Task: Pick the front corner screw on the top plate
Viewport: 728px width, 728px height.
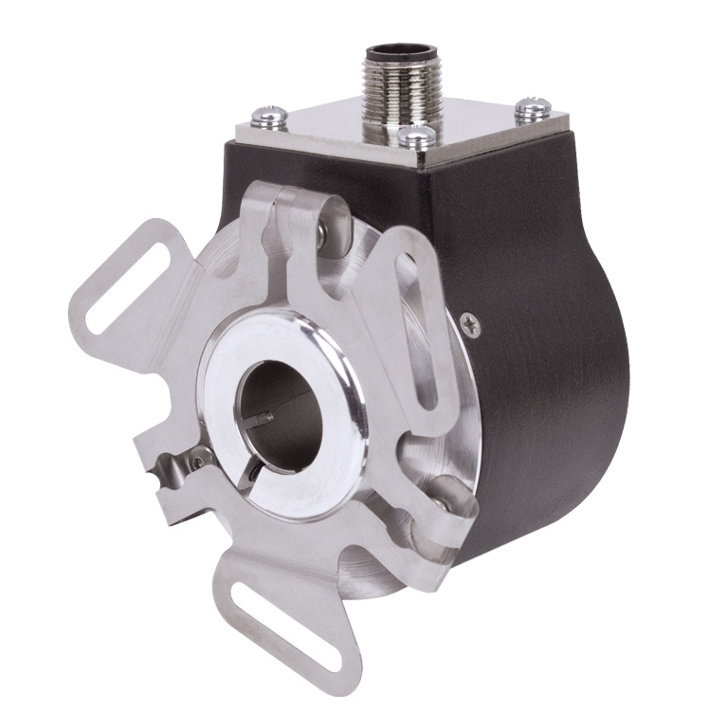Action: [415, 138]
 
